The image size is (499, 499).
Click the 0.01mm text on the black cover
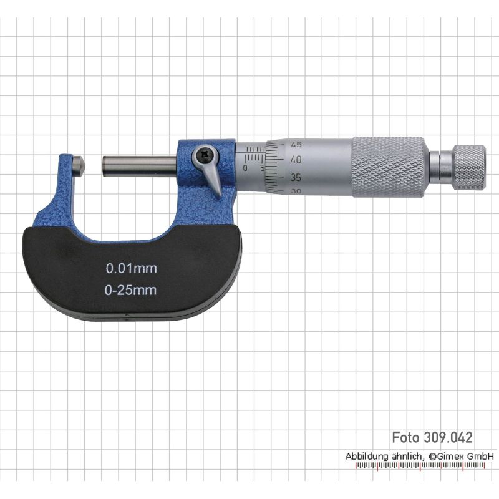tap(132, 269)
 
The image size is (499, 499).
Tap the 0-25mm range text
tap(131, 290)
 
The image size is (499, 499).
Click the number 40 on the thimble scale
tap(296, 160)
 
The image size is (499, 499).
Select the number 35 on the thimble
tap(296, 177)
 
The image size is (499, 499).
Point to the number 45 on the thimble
tap(296, 145)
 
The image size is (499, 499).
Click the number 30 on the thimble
tap(296, 191)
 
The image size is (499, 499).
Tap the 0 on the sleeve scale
tap(245, 168)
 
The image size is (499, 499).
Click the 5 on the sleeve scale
tap(263, 168)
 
